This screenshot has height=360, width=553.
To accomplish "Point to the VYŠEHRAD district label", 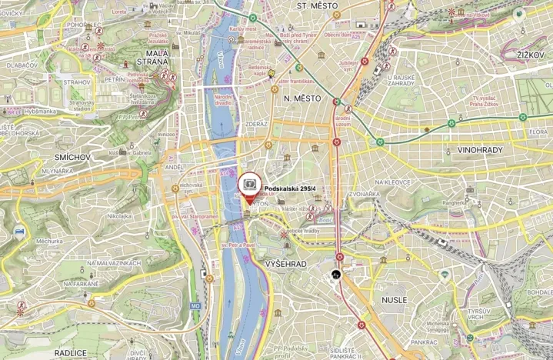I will point(285,264).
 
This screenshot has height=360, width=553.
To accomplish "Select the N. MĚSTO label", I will point(301,98).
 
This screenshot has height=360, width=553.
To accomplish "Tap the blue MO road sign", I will point(195,305).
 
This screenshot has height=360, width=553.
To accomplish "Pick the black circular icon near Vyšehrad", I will point(336,274).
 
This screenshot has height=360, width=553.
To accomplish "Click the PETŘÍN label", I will point(114,78).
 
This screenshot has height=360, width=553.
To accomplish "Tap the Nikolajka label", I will point(120,216).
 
